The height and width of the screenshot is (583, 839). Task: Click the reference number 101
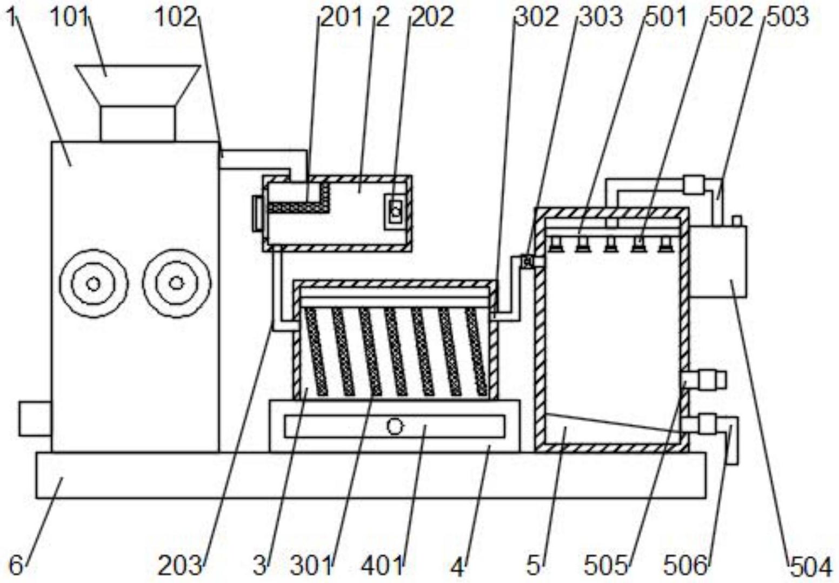click(x=69, y=18)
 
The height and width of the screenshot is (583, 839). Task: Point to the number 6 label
click(x=16, y=566)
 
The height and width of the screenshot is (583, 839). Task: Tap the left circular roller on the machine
click(x=94, y=283)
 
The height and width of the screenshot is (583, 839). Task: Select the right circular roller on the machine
click(x=176, y=283)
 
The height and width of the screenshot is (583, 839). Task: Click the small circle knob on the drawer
click(x=395, y=427)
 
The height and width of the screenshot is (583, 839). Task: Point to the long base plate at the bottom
click(x=371, y=475)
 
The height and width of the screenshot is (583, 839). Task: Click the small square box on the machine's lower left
click(x=35, y=419)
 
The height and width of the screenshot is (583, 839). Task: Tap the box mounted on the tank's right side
click(x=718, y=262)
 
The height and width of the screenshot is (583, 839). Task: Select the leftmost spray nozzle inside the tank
click(x=555, y=246)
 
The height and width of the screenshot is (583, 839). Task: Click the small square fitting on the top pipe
click(x=694, y=185)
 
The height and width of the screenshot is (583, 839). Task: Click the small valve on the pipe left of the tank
click(x=526, y=262)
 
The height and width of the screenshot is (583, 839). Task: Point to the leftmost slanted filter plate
click(x=316, y=351)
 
